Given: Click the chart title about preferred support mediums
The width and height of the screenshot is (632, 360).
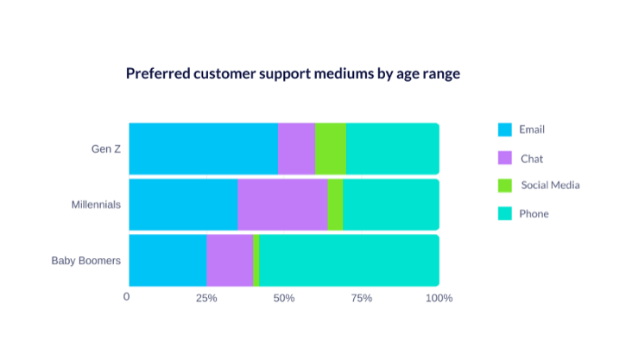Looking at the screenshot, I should [x=293, y=74].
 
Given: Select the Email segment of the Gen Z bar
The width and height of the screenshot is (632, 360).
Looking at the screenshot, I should [x=203, y=148].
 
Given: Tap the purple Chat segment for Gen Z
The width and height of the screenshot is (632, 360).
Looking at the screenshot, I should [x=296, y=148].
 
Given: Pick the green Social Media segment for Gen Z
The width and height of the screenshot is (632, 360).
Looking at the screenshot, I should [x=331, y=148].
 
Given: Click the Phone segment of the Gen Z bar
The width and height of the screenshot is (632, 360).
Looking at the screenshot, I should [x=393, y=148].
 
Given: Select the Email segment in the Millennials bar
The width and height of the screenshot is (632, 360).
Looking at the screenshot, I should [x=183, y=205].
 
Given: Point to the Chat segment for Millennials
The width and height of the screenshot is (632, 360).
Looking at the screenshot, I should [x=282, y=205].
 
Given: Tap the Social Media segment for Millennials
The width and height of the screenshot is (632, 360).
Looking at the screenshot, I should [x=335, y=205].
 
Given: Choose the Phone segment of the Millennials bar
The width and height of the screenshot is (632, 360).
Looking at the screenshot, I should [x=391, y=205].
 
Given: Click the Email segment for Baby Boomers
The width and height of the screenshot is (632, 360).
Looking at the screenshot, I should [x=167, y=260].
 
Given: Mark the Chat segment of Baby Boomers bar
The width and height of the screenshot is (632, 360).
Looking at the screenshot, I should [x=230, y=260].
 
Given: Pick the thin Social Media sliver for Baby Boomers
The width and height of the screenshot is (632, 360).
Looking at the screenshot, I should [x=256, y=260].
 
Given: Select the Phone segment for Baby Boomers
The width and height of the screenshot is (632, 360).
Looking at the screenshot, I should [x=350, y=260].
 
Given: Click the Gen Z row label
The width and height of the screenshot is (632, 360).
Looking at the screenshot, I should [x=106, y=148].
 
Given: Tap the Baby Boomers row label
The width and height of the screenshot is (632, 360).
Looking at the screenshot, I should [x=86, y=260].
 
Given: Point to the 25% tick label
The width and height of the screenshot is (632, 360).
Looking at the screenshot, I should [x=206, y=298].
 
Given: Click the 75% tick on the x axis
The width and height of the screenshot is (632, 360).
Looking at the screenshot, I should [x=361, y=298].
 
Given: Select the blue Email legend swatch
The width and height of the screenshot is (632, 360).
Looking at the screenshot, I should [x=505, y=130].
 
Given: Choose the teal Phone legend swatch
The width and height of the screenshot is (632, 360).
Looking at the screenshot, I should [x=505, y=213].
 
